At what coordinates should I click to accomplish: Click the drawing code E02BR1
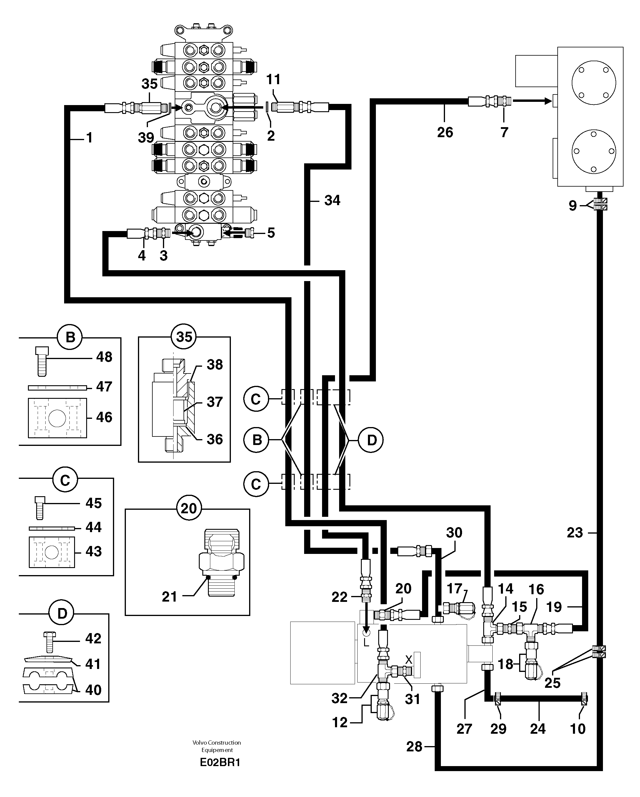[220, 762]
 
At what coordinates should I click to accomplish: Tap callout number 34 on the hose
[332, 200]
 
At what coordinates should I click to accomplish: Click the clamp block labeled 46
[57, 418]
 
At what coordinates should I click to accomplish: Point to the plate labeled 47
[58, 387]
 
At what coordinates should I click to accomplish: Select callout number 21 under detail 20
[170, 596]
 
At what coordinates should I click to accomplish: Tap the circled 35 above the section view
[184, 337]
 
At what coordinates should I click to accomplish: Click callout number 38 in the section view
[215, 364]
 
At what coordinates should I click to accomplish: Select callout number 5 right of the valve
[271, 233]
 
